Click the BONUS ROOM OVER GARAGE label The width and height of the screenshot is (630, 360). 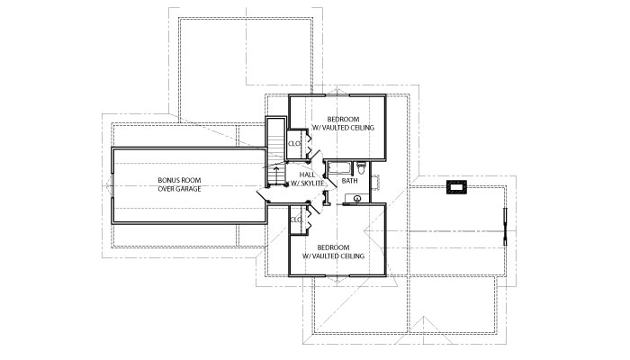click(x=179, y=184)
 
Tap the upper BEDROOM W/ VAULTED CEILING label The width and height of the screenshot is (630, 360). click(x=344, y=123)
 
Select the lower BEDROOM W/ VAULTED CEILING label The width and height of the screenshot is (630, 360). click(x=333, y=251)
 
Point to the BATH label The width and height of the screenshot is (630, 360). click(x=349, y=181)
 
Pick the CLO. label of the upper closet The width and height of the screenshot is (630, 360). click(x=295, y=144)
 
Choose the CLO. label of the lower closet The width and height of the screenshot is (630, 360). click(x=296, y=220)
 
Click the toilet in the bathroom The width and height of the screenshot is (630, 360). click(x=361, y=168)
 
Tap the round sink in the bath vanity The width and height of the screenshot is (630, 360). click(x=356, y=198)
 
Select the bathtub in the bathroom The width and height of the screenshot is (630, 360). click(x=339, y=168)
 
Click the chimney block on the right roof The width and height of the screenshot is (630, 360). click(x=457, y=187)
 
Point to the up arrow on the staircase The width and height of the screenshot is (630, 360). click(x=276, y=175)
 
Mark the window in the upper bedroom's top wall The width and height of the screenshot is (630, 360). click(x=337, y=95)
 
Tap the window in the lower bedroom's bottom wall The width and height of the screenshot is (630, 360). click(x=337, y=275)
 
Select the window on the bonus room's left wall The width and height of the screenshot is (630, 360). click(x=112, y=185)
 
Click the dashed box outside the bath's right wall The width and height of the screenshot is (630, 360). click(x=376, y=182)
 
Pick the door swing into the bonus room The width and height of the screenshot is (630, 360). click(x=261, y=195)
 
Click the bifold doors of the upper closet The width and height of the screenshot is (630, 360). click(x=309, y=144)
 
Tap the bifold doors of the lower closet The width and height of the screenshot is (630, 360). click(x=309, y=220)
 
